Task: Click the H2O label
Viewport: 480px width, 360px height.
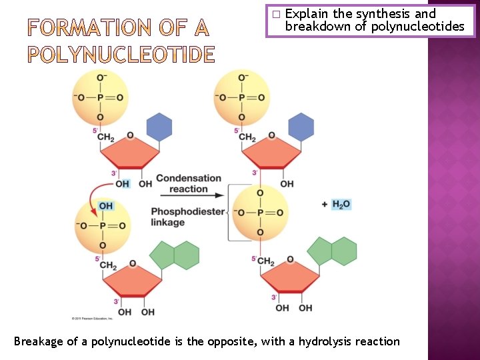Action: [x=341, y=204]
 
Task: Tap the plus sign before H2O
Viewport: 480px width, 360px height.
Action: [x=325, y=204]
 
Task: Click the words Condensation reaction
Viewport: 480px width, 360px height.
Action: [x=189, y=183]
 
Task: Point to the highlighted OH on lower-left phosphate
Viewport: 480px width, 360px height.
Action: [x=105, y=206]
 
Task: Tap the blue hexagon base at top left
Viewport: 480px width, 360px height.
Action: [x=159, y=127]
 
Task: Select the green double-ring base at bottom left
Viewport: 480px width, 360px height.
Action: [x=175, y=255]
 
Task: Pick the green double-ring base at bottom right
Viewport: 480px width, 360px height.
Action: [x=332, y=251]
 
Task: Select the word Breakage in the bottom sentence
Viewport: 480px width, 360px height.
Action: [x=39, y=341]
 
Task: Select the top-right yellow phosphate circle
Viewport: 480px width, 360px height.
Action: [x=241, y=97]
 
